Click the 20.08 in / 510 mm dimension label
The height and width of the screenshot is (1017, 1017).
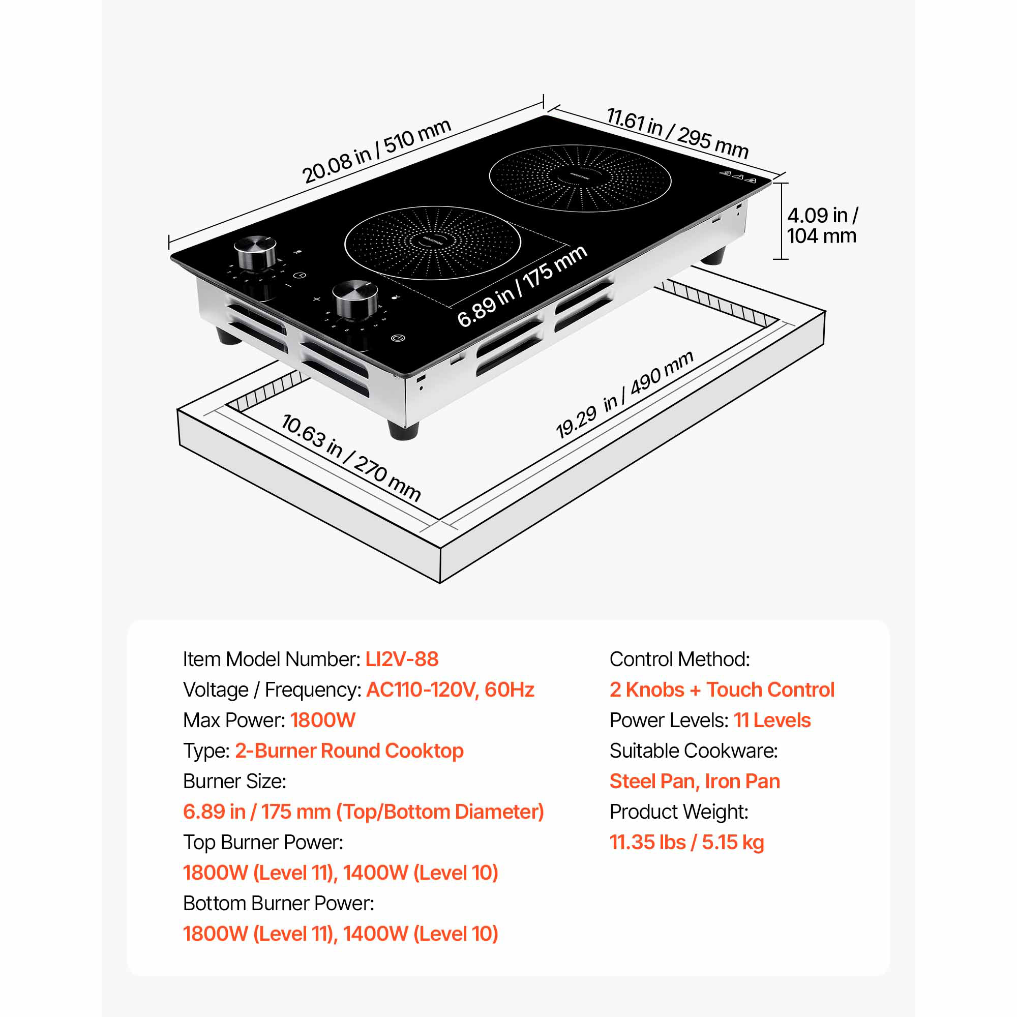click(376, 151)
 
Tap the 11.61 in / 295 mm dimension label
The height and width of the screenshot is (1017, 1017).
click(677, 133)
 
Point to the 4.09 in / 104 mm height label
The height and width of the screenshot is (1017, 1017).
click(822, 225)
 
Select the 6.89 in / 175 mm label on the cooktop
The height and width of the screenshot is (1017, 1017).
click(522, 286)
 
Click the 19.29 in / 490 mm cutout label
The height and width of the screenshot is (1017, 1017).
click(624, 394)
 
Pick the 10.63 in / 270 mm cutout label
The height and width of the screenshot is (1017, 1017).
click(351, 458)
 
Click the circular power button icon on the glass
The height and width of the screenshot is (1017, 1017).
click(399, 338)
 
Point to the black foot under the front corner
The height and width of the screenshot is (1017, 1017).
click(404, 429)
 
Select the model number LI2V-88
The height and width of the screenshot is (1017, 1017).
click(402, 659)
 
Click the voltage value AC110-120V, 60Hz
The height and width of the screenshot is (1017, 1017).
click(450, 690)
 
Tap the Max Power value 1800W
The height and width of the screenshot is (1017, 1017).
click(323, 720)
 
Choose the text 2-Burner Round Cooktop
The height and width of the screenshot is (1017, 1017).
click(349, 751)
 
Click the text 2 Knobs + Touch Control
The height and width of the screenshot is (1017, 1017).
click(722, 690)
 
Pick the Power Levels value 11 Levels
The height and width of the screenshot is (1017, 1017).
click(772, 720)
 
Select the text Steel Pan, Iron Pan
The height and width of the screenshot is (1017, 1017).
click(695, 781)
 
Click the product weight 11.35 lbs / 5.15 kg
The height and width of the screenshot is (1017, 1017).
click(686, 842)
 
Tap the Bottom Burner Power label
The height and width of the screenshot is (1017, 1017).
click(279, 903)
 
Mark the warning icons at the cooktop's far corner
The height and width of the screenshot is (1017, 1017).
click(738, 176)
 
